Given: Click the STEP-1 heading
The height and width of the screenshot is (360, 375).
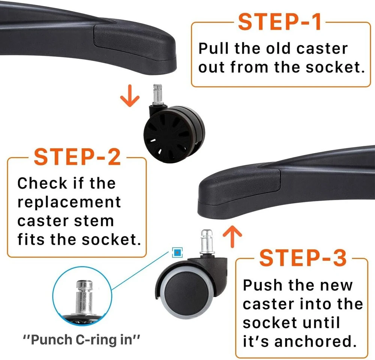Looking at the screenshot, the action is (x=280, y=22).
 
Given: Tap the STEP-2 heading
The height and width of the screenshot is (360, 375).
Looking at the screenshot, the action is (x=78, y=157).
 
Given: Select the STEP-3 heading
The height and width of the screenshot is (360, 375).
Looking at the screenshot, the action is (x=303, y=258).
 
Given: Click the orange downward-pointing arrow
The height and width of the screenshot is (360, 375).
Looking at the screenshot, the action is (x=130, y=96).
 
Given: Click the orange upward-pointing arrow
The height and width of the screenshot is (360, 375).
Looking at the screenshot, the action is (x=232, y=236).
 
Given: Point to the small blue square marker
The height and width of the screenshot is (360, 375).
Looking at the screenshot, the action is (x=177, y=252).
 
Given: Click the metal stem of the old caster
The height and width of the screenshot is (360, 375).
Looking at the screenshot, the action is (x=157, y=94).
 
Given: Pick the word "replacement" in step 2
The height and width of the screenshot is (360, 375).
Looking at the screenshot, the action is (x=69, y=203).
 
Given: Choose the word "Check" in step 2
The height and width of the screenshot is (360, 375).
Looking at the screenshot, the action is (x=42, y=183).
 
